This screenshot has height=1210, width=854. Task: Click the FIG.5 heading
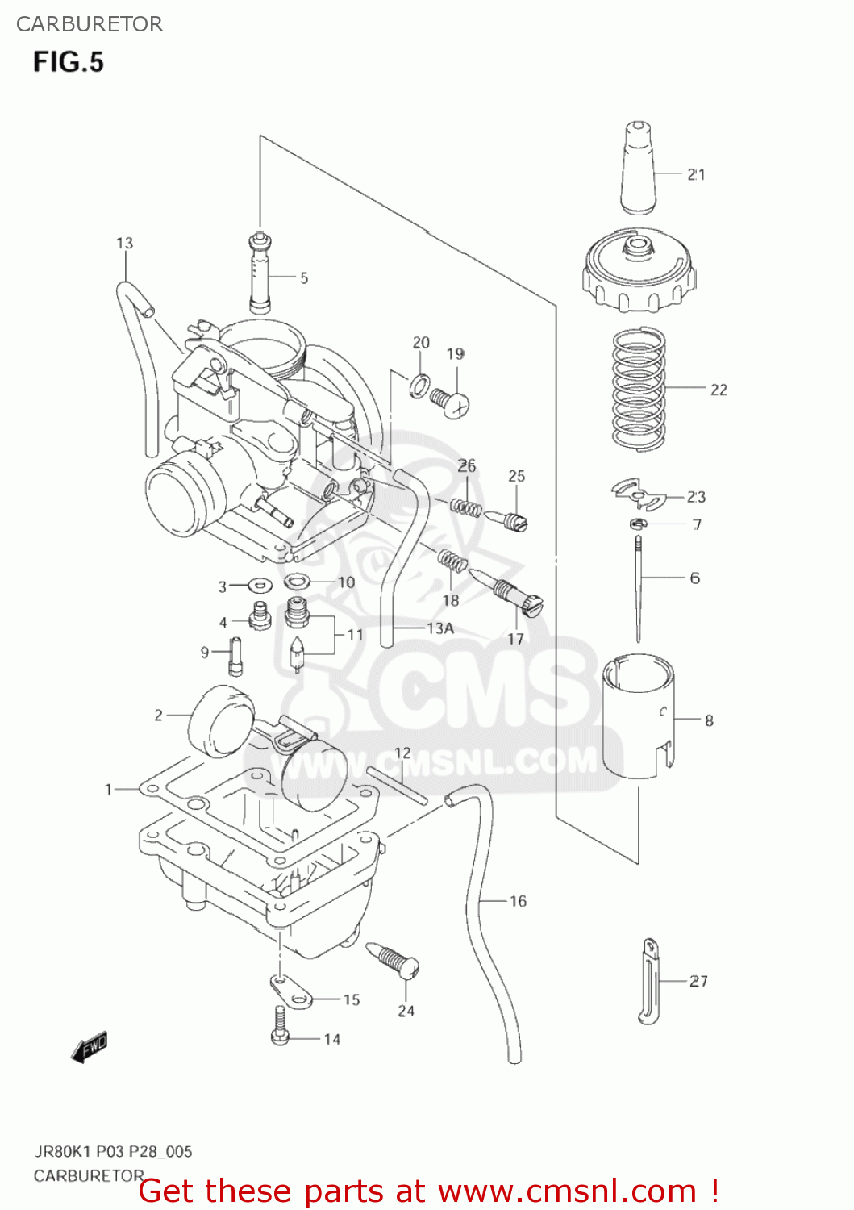coord(69,62)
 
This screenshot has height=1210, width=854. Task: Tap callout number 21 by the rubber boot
coord(696,174)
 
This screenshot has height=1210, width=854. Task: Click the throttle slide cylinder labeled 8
coord(639,716)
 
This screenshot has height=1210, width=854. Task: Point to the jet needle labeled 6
coord(638,589)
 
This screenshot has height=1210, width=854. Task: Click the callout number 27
coord(698,981)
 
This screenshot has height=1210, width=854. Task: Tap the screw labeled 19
coord(451,400)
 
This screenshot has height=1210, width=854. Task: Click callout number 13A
coord(440,628)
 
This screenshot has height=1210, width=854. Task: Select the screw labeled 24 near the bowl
coord(394,959)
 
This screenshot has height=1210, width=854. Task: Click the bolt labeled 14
coord(280,1025)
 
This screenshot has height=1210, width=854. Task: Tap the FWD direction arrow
coord(89,1048)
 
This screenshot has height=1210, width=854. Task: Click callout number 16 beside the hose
coord(518,901)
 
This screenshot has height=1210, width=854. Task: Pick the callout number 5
coord(304,278)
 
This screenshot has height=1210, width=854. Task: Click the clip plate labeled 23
coord(636,494)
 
